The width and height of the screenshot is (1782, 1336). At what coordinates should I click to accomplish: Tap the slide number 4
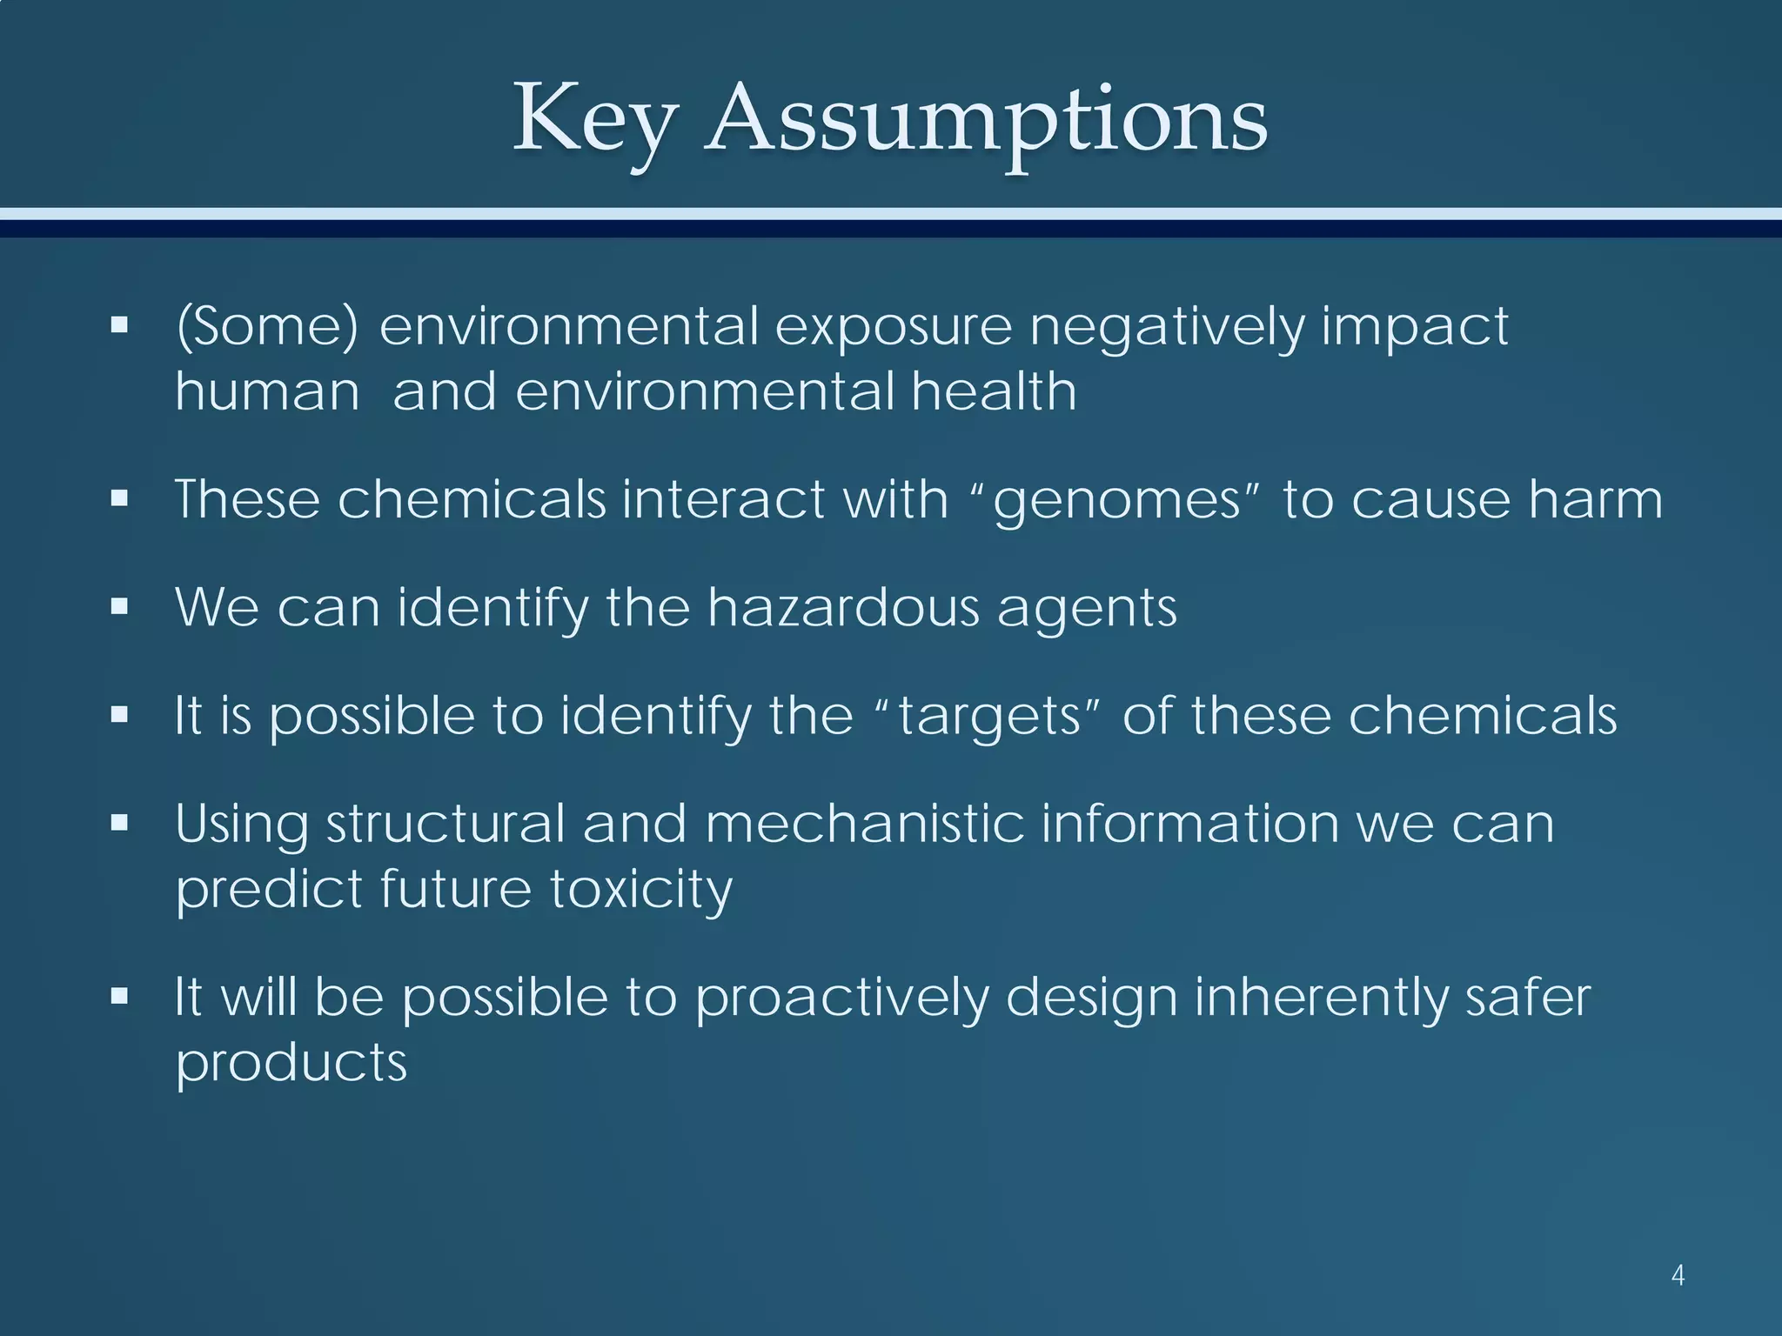1678,1276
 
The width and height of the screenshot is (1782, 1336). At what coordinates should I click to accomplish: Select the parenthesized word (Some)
267,326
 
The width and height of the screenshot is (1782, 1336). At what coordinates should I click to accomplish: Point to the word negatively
1166,328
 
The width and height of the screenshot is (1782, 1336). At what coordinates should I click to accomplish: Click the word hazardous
843,607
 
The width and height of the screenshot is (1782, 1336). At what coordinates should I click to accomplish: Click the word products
291,1064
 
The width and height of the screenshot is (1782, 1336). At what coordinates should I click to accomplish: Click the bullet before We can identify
120,607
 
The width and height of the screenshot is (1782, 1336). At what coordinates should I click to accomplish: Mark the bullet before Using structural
120,823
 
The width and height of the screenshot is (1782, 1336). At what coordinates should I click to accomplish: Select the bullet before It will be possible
120,996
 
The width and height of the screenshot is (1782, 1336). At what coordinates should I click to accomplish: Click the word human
267,391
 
